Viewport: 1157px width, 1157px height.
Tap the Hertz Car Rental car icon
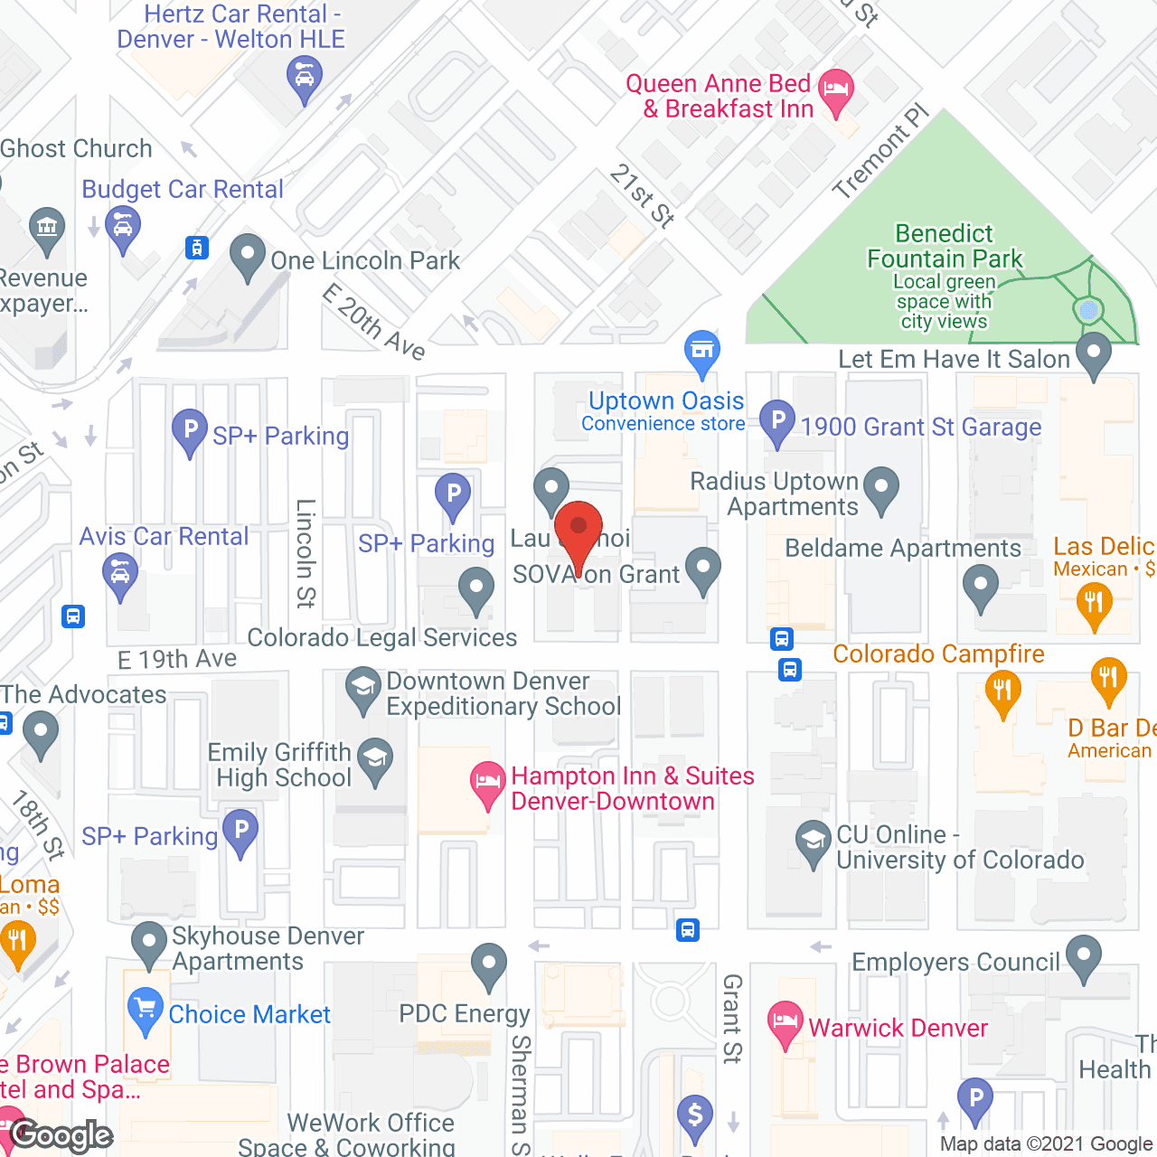tap(305, 78)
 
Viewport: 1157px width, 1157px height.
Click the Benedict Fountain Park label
tap(945, 247)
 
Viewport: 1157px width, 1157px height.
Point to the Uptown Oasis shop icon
tap(701, 352)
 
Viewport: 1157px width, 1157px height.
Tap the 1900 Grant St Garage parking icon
tap(777, 421)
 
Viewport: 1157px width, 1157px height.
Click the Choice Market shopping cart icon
tap(146, 1010)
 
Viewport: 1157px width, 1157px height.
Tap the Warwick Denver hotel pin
tap(785, 1022)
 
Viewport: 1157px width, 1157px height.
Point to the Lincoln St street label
tap(306, 552)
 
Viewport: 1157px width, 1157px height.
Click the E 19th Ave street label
tap(177, 659)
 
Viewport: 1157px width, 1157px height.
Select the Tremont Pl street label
tap(880, 152)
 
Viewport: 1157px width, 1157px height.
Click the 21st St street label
tap(642, 196)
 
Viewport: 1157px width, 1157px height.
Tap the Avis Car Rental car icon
tap(120, 575)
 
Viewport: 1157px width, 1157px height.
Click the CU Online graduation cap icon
tap(813, 842)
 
